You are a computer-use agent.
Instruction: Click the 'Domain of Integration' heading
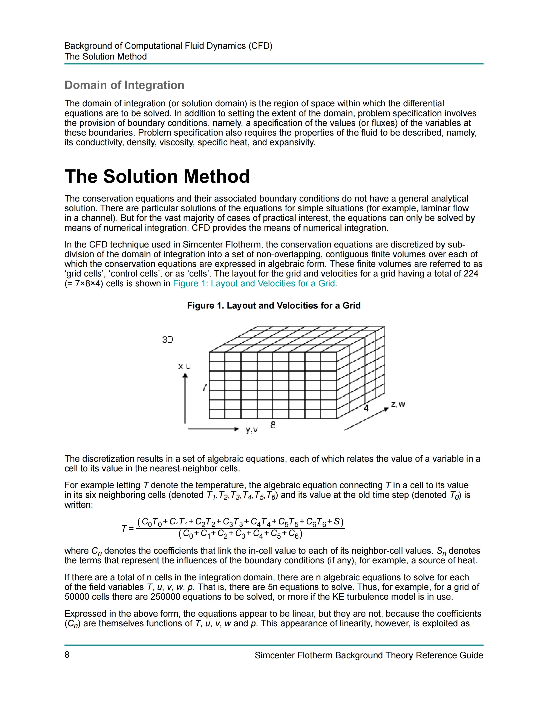[124, 85]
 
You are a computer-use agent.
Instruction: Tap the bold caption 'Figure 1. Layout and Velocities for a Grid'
[274, 306]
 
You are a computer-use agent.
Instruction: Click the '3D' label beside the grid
[168, 339]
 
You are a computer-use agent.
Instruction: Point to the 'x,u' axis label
[184, 366]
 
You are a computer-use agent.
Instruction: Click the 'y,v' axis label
[252, 430]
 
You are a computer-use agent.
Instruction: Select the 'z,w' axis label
[398, 404]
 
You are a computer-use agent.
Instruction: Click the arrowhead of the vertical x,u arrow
[185, 376]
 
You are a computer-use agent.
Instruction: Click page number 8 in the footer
[67, 655]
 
